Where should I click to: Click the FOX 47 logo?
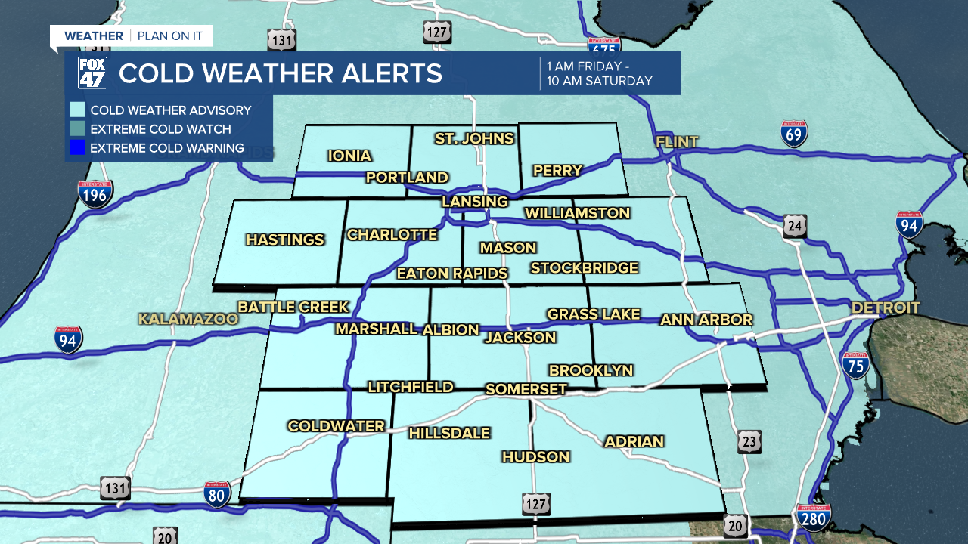coord(92,73)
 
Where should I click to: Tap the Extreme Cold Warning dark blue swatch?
coord(77,148)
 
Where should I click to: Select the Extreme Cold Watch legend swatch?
coord(77,129)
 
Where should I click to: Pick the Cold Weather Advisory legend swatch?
coord(77,110)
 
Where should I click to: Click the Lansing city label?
coord(475,202)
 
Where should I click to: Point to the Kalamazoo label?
coord(188,319)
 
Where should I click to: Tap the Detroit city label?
coord(886,308)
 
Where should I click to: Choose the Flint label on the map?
coord(677,142)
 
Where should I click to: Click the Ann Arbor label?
coord(706,320)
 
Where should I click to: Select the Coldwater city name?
coord(336,426)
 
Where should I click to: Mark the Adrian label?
coord(634,441)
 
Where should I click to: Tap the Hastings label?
coord(285,240)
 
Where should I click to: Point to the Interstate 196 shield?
coord(95,193)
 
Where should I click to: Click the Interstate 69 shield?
coord(794,134)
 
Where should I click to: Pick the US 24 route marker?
coord(796,225)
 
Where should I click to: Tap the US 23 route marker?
coord(749,441)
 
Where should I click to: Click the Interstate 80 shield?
coord(217,494)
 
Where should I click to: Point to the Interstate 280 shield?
coord(813,518)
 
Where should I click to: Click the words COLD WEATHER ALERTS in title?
coord(280,73)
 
